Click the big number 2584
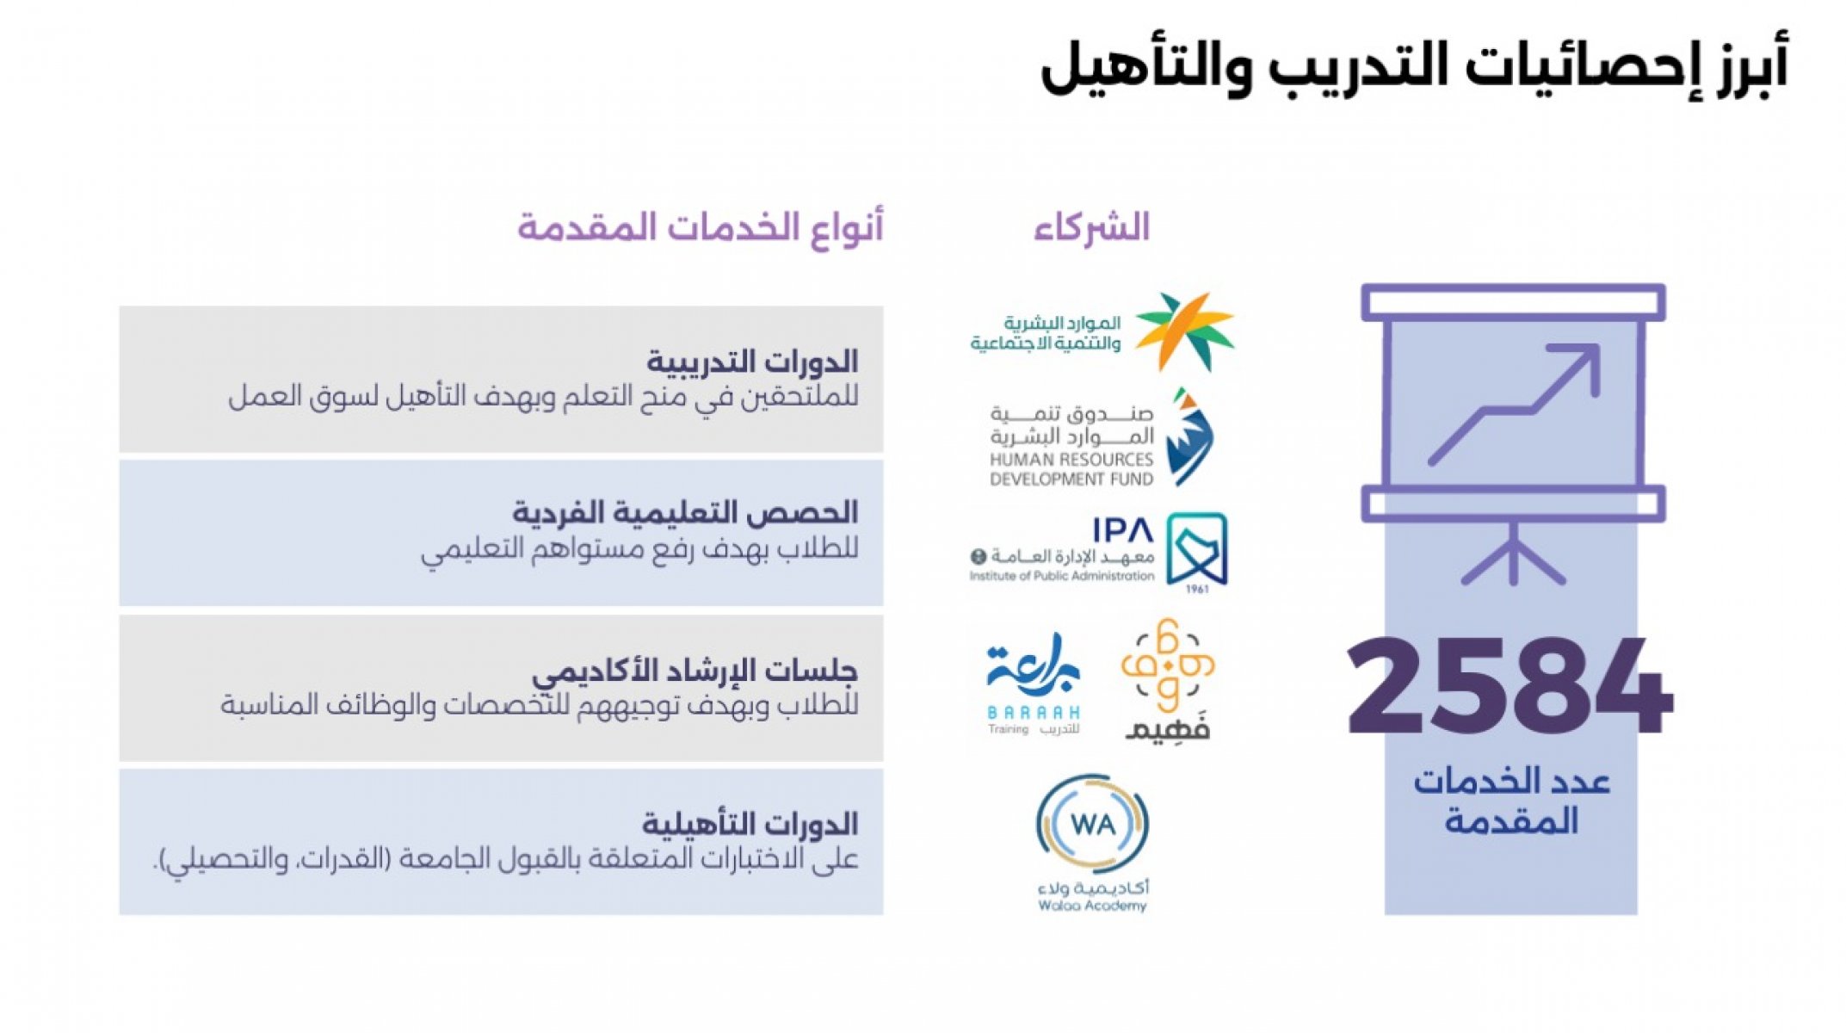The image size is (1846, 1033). point(1510,686)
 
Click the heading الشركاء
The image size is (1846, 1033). point(1091,228)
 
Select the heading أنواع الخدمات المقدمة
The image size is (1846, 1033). point(700,228)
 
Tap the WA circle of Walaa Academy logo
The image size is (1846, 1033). point(1092,824)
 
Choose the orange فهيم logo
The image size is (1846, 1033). point(1168,679)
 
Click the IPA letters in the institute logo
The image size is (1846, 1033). point(1123,529)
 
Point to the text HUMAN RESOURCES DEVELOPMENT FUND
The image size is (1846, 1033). point(1071,469)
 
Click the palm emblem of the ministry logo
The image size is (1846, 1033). point(1185,331)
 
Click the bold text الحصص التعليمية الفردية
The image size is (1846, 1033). point(685,513)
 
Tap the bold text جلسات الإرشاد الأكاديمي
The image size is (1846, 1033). point(695,671)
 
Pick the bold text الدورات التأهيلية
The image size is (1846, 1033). point(750,825)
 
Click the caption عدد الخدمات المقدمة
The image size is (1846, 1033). point(1511,801)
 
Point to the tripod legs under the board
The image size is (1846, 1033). point(1513,554)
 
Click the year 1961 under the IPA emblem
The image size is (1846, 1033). point(1197,590)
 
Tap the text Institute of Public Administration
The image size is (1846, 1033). point(1062,576)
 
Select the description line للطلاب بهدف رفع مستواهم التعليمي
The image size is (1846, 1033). point(639,549)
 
